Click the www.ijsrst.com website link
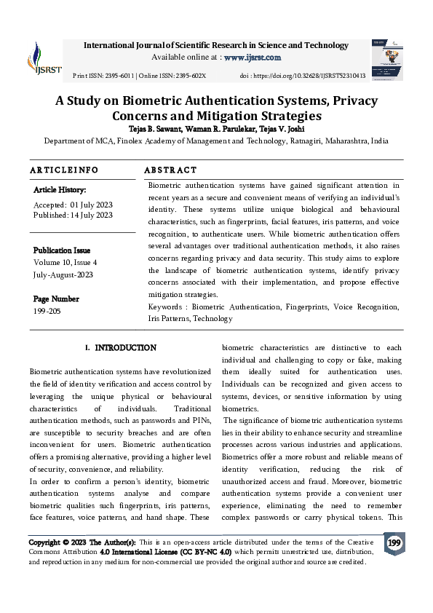coord(252,57)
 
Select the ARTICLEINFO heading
coord(64,170)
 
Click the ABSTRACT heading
coord(170,170)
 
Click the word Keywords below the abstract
coord(164,307)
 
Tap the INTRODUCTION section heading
coord(125,348)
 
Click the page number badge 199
coord(394,544)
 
